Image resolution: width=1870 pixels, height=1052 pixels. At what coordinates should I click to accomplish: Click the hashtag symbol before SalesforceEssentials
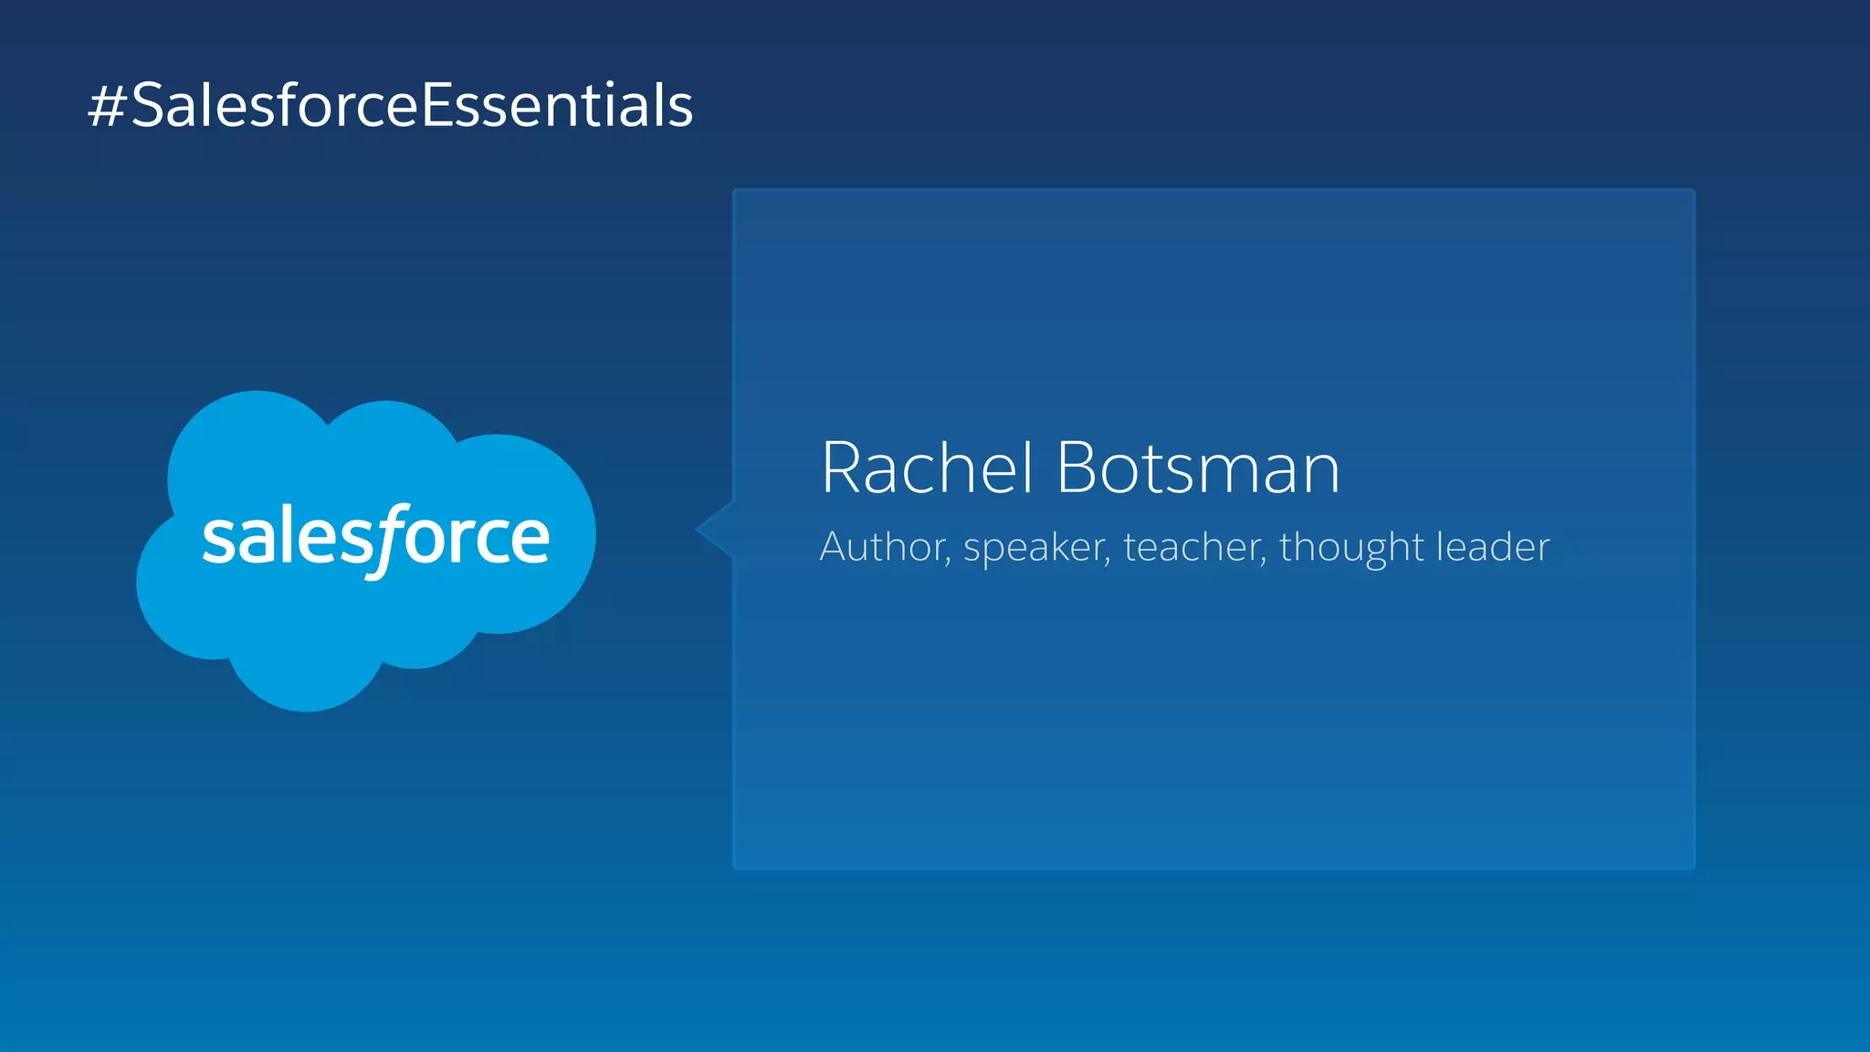point(106,106)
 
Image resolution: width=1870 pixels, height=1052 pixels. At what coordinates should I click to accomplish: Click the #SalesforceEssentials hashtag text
point(391,105)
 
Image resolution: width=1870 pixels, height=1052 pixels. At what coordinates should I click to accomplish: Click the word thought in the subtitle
point(1351,548)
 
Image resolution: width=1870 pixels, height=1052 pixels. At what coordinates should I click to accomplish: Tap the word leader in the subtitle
point(1493,547)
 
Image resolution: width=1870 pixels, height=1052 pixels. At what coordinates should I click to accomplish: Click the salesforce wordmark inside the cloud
point(375,538)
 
